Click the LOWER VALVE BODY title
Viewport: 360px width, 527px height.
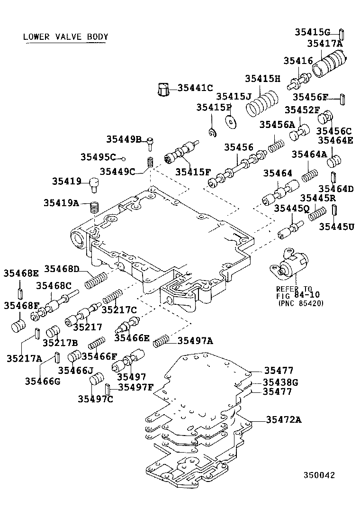click(66, 36)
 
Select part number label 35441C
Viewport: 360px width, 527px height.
click(195, 87)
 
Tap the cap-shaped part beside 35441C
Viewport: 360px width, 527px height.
click(163, 89)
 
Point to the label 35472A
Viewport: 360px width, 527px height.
click(284, 419)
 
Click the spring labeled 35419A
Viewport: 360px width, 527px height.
click(94, 207)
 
